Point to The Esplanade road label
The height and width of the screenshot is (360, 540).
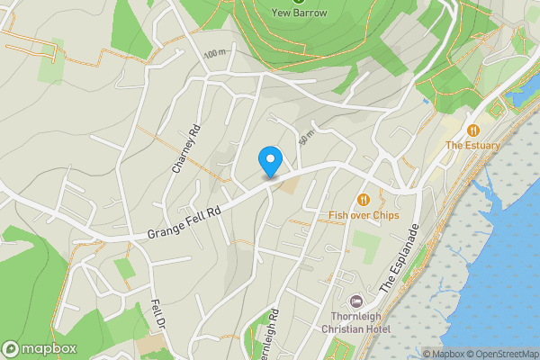coord(400,256)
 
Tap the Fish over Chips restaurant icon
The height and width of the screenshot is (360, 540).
coord(363,200)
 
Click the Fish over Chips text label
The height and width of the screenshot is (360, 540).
coord(363,215)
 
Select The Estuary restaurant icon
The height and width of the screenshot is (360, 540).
coord(472,130)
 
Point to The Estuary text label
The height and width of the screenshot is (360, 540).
coord(472,145)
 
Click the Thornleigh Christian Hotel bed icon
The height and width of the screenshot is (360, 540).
coord(355,300)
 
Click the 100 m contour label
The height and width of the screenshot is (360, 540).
coord(215,55)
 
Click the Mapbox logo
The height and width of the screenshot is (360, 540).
coord(40,348)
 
